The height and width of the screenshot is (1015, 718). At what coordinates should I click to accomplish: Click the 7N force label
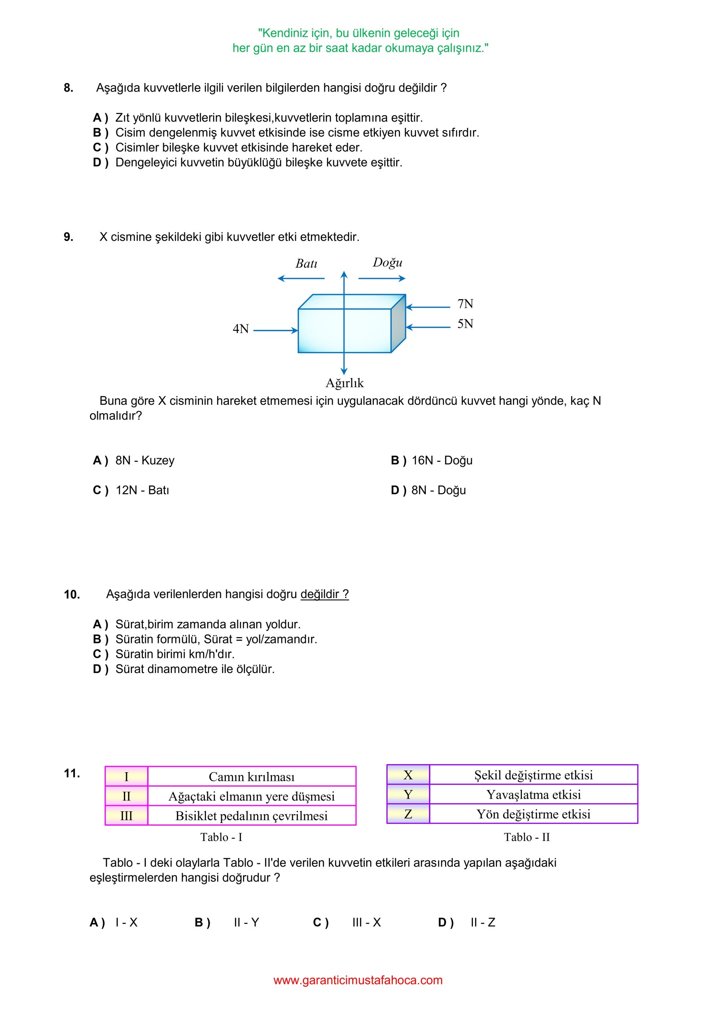tap(465, 304)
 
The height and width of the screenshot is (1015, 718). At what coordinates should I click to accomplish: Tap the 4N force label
tap(241, 329)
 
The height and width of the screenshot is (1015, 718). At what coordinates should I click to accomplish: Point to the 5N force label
tap(465, 324)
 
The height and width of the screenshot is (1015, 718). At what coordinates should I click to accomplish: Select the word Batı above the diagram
tap(306, 263)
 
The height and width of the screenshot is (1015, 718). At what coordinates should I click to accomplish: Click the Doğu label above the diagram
tap(387, 262)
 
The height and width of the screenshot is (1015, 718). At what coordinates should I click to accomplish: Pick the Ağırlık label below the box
tap(344, 383)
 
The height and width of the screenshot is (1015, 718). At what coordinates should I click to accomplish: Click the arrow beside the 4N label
tap(276, 331)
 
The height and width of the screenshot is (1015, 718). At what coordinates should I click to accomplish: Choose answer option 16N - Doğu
tap(442, 460)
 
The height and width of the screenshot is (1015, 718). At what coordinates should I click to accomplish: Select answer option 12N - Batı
tap(142, 490)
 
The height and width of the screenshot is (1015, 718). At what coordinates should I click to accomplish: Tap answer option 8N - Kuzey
tap(144, 460)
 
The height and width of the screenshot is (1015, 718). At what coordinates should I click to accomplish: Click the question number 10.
tap(72, 595)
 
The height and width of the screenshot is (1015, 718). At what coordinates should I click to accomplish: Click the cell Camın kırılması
tap(251, 777)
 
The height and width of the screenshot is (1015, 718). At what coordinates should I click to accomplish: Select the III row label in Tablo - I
tap(126, 816)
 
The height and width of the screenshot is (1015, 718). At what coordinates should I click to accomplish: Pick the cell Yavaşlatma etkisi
tap(533, 795)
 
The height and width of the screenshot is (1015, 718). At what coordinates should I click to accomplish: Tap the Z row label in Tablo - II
tap(408, 814)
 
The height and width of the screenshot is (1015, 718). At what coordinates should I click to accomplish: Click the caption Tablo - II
tap(526, 837)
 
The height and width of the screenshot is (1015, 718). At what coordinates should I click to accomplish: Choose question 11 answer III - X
tap(366, 922)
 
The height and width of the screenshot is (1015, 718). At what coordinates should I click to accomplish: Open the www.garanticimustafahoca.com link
tap(358, 980)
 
